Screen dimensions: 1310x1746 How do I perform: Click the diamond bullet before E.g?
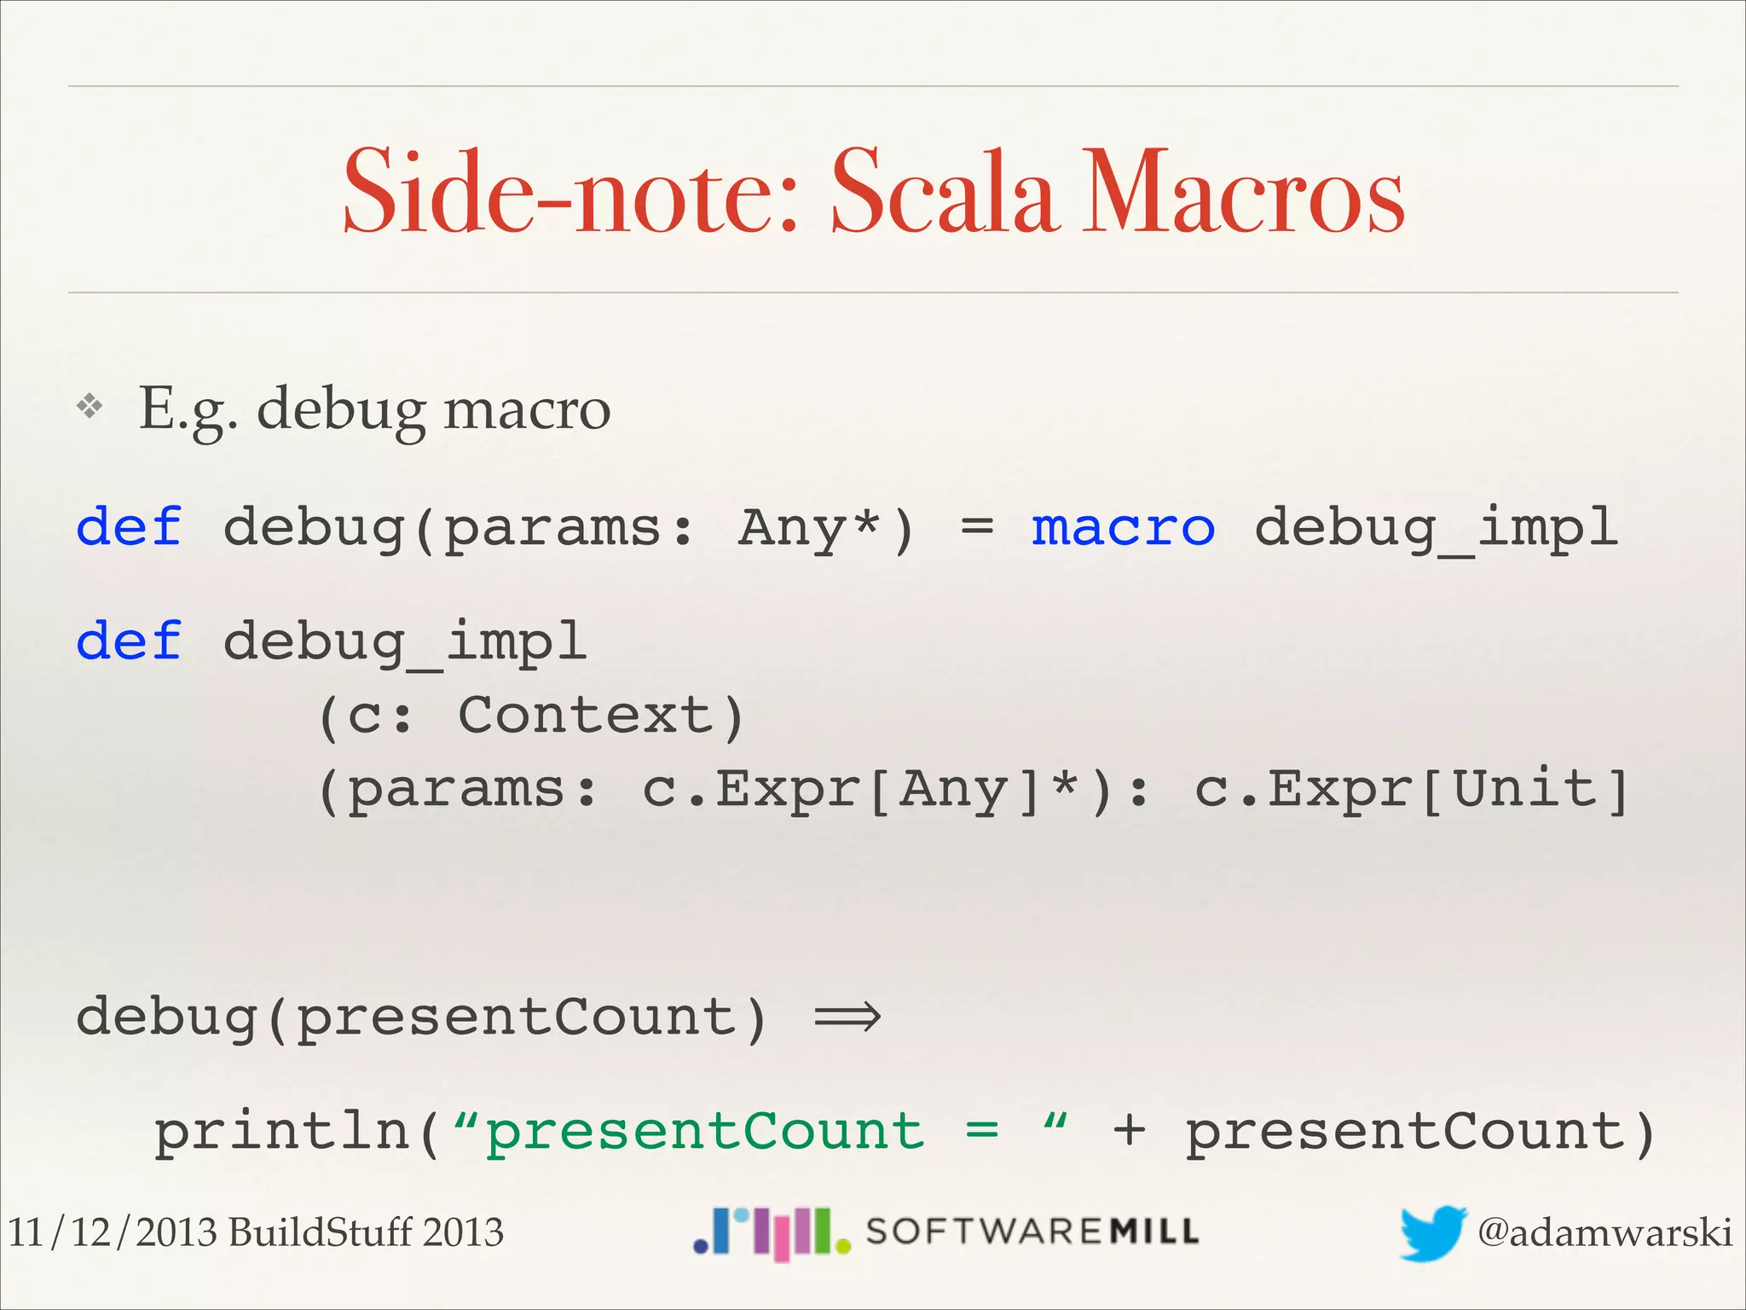click(x=90, y=407)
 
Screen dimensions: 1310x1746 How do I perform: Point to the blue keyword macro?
click(x=1123, y=527)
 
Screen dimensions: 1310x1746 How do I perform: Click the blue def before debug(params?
click(x=129, y=527)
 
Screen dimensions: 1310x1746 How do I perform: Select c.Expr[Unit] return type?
click(x=1411, y=789)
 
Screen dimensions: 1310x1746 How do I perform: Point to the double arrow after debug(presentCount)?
click(x=847, y=1017)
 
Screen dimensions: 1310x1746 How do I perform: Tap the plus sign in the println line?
click(x=1129, y=1132)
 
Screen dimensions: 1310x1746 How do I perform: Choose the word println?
click(x=282, y=1132)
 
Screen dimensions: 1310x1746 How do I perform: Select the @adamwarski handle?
click(x=1604, y=1233)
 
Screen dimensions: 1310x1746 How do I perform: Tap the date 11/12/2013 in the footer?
click(x=112, y=1233)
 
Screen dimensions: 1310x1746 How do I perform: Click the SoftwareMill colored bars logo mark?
click(x=772, y=1233)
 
